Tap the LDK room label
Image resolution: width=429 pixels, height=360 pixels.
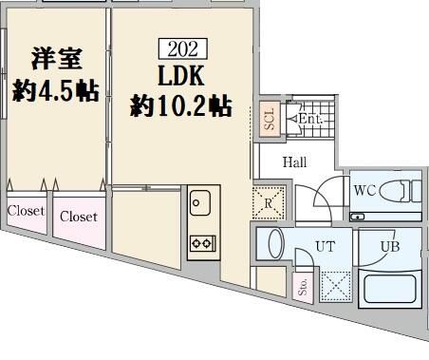pos(180,75)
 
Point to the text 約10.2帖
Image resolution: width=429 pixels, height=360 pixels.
pos(180,105)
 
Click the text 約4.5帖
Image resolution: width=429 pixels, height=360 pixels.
pos(53,92)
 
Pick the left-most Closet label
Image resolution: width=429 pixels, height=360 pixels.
pos(26,210)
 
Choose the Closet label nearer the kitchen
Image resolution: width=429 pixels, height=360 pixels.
pos(79,217)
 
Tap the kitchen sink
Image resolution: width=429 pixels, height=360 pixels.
pos(200,200)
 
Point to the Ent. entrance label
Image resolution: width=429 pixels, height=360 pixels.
pos(310,120)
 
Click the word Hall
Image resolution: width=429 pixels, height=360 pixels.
pos(295,162)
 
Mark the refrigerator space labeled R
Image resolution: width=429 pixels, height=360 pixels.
pos(269,201)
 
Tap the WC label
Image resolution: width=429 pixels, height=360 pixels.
pos(365,191)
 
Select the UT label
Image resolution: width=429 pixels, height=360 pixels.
pos(325,247)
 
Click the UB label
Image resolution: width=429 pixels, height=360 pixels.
pos(389,247)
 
